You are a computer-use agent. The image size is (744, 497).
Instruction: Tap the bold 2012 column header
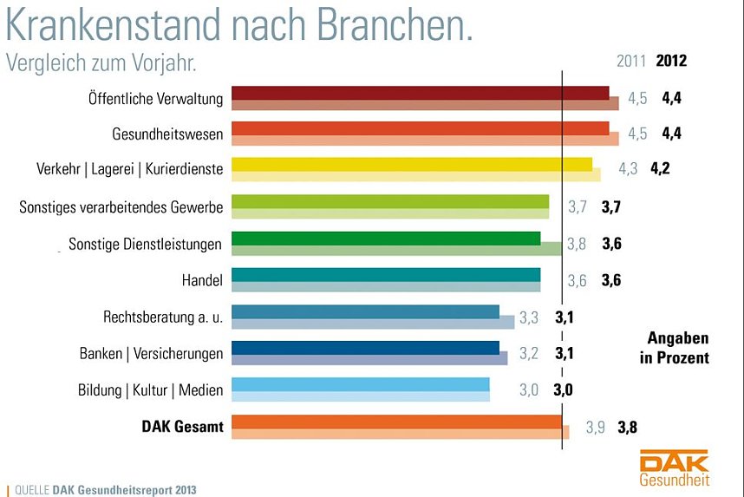coord(671,61)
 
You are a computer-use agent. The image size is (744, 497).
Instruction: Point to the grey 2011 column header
coord(631,61)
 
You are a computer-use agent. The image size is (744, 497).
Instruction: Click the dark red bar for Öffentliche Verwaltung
coord(420,93)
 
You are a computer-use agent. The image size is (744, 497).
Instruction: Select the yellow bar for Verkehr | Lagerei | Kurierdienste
coord(412,164)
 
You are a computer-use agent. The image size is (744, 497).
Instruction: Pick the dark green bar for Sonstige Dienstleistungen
coord(386,238)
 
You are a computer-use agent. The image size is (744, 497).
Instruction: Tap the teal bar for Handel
coord(386,275)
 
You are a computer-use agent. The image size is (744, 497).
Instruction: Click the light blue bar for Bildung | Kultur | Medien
coord(361,384)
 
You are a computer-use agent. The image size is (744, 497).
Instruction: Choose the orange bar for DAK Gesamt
coord(397,422)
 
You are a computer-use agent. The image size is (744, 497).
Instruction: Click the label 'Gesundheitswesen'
coord(167,134)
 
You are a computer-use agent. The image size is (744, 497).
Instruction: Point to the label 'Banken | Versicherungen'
coord(151,353)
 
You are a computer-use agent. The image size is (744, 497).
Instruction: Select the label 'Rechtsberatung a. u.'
coord(163,317)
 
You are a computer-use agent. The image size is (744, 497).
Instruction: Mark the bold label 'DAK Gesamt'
coord(182,426)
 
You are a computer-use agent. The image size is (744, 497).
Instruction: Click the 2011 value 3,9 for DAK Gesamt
coord(595,427)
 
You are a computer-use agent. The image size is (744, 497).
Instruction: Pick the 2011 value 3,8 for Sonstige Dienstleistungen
coord(577,244)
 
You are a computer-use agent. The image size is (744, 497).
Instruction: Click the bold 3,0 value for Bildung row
coord(564,389)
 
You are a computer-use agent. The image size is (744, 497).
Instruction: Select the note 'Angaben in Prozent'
coord(678,348)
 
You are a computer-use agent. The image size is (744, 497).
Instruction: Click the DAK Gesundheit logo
coord(674,468)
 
